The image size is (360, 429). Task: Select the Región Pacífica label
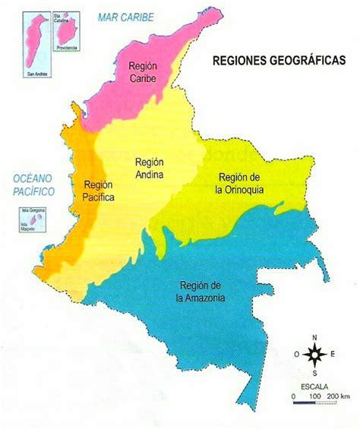pyautogui.click(x=99, y=191)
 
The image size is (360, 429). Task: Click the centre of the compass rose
pyautogui.click(x=314, y=353)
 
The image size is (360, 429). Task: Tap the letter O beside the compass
pyautogui.click(x=297, y=354)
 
